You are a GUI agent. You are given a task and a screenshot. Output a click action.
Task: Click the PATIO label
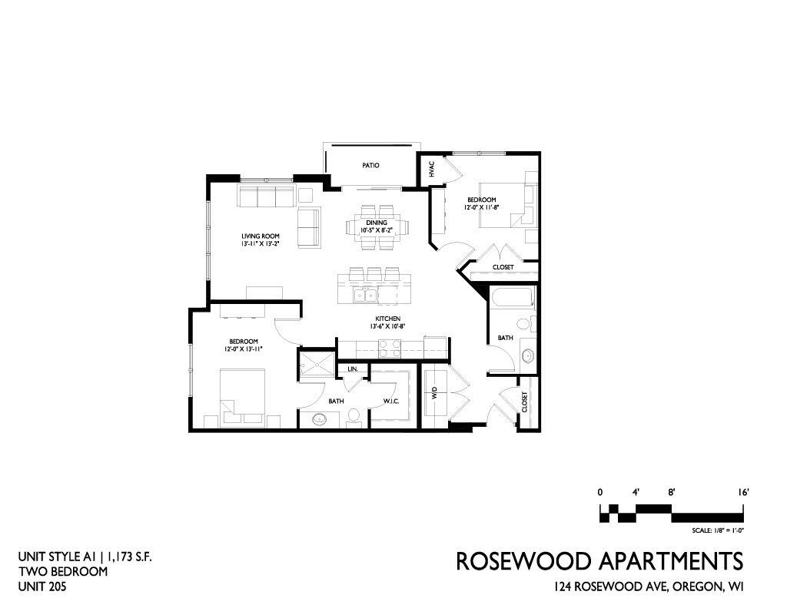point(370,165)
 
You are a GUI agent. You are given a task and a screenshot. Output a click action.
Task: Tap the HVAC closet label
point(431,170)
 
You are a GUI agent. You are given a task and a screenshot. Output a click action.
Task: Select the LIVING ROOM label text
point(260,236)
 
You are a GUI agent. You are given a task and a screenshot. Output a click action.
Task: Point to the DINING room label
point(377,223)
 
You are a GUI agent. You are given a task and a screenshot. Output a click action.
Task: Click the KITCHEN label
point(387,319)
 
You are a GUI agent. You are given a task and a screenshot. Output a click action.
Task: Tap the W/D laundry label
point(435,392)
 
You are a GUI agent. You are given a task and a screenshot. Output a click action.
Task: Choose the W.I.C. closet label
point(391,401)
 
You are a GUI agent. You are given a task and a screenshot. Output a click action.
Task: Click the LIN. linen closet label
point(352,369)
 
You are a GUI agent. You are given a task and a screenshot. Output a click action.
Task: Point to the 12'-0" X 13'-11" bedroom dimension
point(244,349)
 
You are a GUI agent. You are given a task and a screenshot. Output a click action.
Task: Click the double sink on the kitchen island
point(365,296)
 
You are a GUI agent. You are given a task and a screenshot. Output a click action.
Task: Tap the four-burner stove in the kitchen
point(390,349)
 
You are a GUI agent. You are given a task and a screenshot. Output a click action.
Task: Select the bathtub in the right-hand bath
point(512,299)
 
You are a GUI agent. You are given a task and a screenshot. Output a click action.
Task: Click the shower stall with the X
point(317,363)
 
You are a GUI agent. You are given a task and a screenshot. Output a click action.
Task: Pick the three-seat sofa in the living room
point(266,196)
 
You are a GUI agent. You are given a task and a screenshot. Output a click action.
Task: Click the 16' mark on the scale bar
point(743,492)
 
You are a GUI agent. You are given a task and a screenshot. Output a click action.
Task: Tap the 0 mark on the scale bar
point(599,492)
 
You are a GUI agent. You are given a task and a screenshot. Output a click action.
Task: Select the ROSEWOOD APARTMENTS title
point(599,561)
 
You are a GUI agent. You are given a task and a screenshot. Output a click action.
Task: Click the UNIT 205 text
point(42,586)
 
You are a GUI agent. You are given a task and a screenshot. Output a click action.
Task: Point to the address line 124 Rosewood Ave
point(649,586)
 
